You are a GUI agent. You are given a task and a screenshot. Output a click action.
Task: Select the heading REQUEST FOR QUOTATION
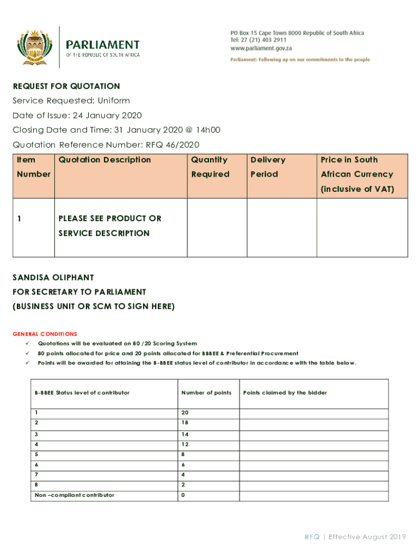(x=66, y=86)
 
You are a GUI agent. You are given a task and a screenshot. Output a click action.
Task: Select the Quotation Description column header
(x=104, y=160)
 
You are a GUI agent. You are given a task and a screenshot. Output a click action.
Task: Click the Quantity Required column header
(x=210, y=167)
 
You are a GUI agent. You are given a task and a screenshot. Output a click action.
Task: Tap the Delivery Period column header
(x=267, y=167)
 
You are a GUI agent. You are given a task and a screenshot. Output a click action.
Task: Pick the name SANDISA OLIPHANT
(x=53, y=277)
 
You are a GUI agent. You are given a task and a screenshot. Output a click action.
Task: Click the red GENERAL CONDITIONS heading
(x=45, y=334)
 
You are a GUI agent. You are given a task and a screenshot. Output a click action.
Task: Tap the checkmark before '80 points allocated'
(x=26, y=353)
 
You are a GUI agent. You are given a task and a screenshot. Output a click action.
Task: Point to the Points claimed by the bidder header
(x=285, y=392)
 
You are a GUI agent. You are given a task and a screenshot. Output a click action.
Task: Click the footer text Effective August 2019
(x=367, y=537)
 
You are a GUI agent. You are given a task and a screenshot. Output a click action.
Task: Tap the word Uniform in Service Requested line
(x=114, y=101)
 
